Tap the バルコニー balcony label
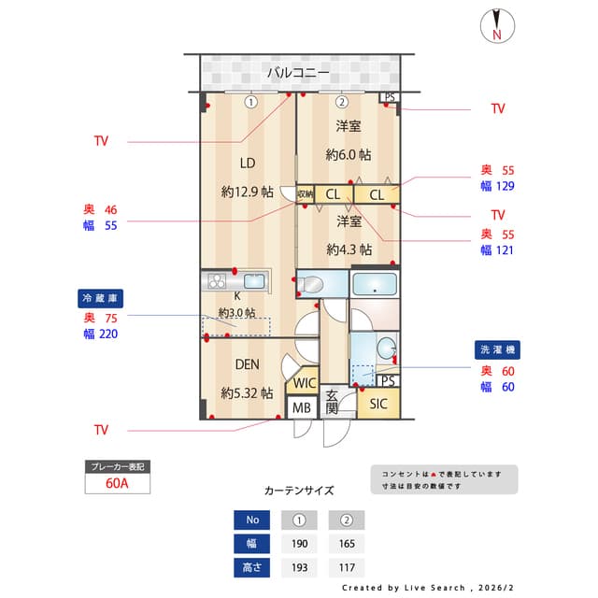point(297,72)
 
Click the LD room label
point(248,161)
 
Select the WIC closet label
point(304,383)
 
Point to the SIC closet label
point(377,404)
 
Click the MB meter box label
point(301,408)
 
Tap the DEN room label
point(247,364)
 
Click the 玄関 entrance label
point(332,403)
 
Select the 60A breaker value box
point(118,484)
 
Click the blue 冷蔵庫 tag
point(100,298)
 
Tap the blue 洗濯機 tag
point(497,349)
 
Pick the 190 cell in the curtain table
point(299,544)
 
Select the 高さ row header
point(251,567)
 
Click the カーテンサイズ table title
point(298,490)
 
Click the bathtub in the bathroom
point(375,284)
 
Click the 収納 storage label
point(305,194)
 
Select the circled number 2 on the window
point(342,102)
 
